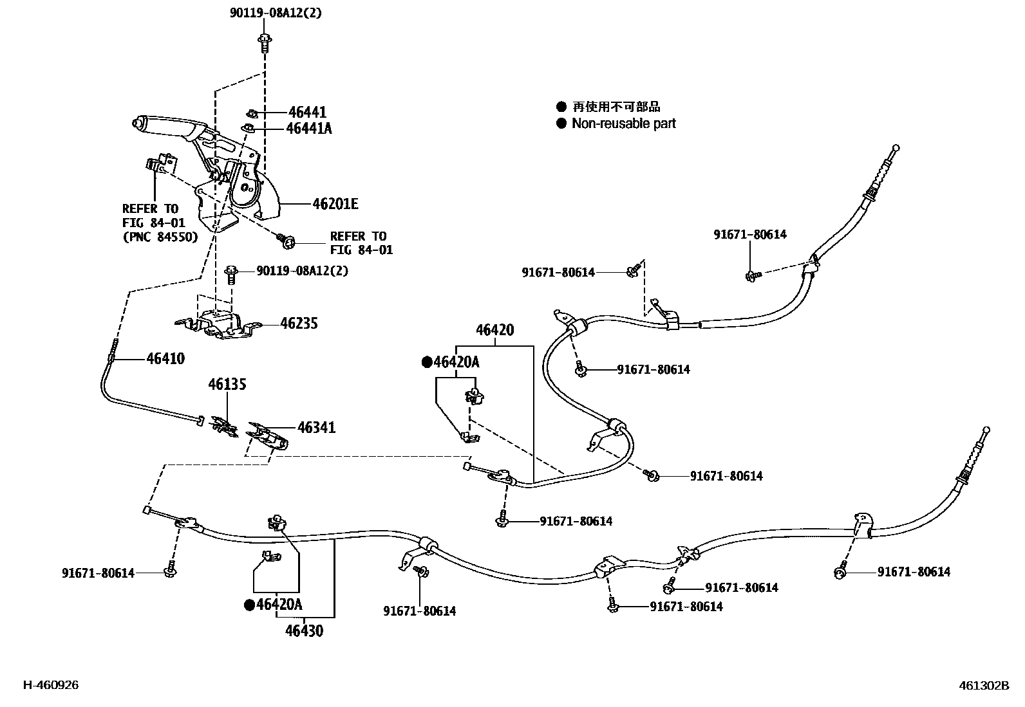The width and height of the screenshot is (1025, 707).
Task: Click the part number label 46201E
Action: [x=335, y=205]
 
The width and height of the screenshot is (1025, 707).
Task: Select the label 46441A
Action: [x=308, y=128]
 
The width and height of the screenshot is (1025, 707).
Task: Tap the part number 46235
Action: [x=299, y=324]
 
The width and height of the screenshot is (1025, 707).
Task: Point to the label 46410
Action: [x=165, y=358]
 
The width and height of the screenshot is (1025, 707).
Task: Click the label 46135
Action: [x=227, y=385]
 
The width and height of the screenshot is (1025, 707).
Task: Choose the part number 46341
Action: [x=316, y=427]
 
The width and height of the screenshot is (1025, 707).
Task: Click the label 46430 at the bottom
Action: [x=304, y=630]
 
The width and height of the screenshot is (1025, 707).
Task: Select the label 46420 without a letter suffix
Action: [x=494, y=330]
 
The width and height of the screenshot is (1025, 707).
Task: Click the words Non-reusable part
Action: [x=623, y=124]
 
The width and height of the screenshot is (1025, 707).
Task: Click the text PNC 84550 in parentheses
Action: [x=160, y=237]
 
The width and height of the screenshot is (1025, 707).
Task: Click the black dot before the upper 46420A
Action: [x=426, y=362]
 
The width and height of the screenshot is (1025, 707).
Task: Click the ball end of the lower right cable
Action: [x=986, y=430]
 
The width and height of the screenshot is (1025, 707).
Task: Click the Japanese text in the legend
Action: [x=616, y=107]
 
